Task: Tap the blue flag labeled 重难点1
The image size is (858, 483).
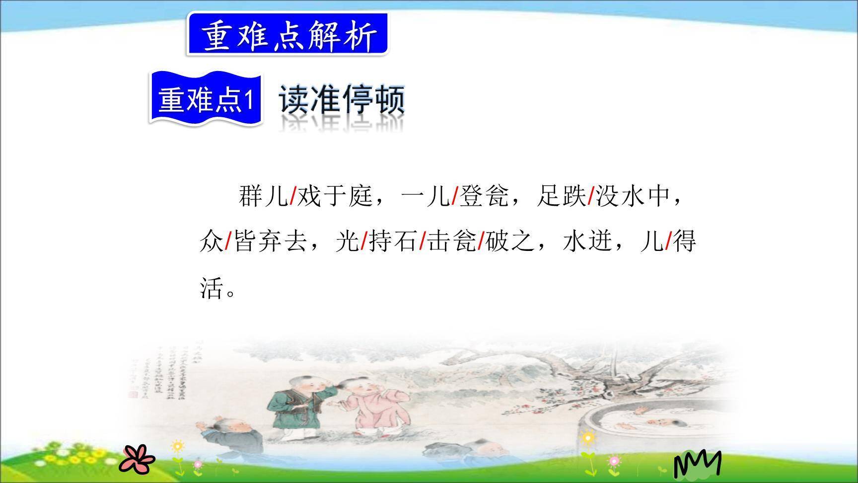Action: pos(206,99)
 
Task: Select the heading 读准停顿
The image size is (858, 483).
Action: pos(342,100)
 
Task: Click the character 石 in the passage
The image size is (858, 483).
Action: pos(405,241)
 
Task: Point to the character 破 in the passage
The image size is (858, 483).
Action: pos(496,241)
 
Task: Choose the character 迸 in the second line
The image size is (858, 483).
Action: pos(600,241)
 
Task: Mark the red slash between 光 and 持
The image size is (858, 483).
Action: pos(363,241)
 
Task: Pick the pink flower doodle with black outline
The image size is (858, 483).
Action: pos(137,458)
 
